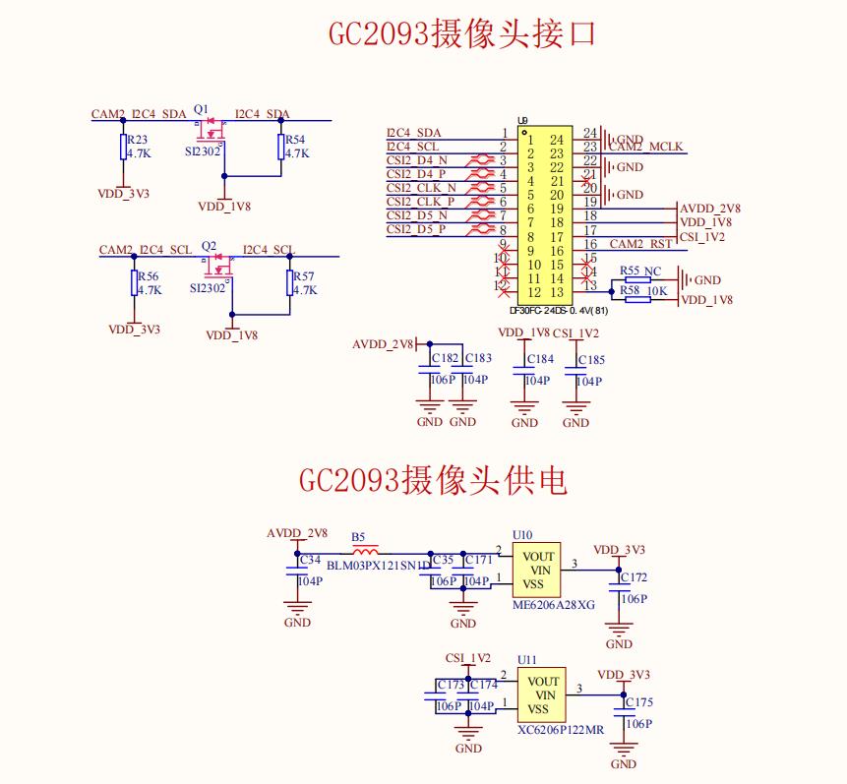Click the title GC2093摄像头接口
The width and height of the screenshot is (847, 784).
tap(462, 34)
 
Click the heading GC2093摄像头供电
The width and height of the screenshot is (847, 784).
tap(433, 480)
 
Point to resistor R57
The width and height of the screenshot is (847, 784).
tap(290, 283)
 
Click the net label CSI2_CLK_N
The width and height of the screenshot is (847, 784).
tap(421, 188)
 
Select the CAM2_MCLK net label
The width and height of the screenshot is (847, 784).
tap(645, 148)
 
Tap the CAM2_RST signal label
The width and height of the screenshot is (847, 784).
tap(640, 244)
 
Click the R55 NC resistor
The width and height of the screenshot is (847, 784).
tap(637, 280)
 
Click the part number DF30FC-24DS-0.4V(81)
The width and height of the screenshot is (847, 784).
tap(553, 310)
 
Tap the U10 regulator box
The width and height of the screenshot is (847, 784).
tap(536, 570)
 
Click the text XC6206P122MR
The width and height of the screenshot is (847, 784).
tap(561, 731)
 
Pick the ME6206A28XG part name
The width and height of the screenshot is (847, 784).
tap(554, 606)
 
